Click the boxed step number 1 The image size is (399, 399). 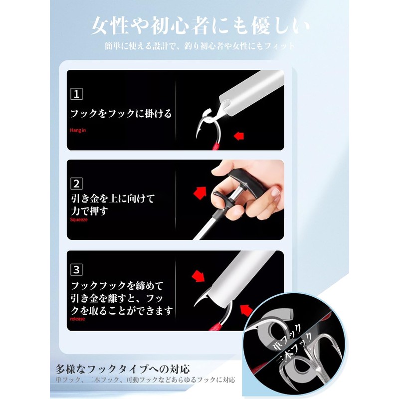[x=76, y=94]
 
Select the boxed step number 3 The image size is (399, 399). [x=76, y=270]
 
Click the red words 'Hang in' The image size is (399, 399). [x=78, y=130]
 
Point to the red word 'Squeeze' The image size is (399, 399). [x=79, y=219]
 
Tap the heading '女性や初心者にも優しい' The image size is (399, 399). [x=199, y=26]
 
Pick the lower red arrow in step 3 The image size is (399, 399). [x=245, y=309]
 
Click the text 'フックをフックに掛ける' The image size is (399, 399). [x=121, y=114]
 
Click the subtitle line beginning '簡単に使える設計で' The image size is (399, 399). [x=199, y=46]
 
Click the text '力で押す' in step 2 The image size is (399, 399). [x=90, y=211]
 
